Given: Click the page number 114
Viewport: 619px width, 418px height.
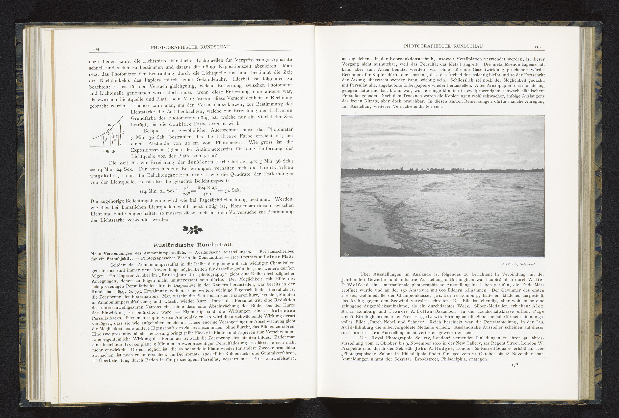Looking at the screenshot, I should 96,49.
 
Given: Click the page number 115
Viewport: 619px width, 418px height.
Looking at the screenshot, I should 537,47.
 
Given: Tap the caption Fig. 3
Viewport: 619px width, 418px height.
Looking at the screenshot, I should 109,151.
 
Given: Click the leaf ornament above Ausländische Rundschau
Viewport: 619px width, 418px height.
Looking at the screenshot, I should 192,230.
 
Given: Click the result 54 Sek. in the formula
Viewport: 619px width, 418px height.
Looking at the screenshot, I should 232,190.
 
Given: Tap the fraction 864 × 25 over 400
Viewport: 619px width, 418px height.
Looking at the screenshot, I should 207,190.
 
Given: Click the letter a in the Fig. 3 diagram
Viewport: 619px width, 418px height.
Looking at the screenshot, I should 109,124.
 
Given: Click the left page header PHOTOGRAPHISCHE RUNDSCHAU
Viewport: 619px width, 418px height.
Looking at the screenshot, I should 190,47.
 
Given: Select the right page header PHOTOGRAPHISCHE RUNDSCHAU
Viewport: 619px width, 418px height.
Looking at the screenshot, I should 443,46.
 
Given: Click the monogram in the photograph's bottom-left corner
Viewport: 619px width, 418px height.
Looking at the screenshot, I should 346,254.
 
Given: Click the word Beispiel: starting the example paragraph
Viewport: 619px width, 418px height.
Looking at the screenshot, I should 155,131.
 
